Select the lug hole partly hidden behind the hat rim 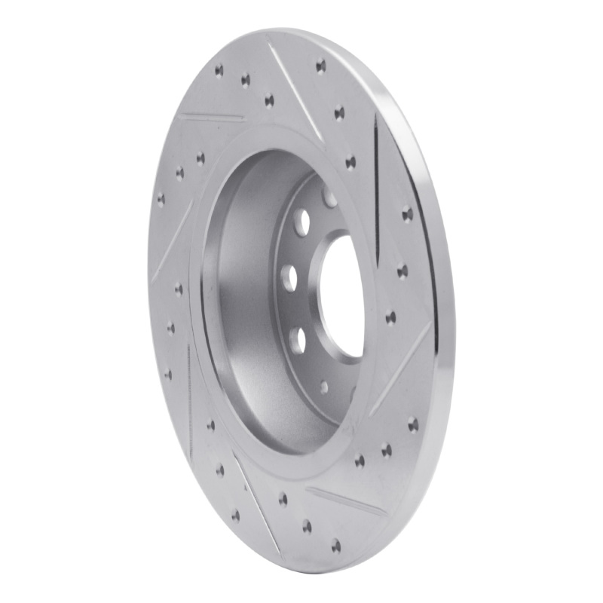(329, 197)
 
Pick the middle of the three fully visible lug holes (288, 276)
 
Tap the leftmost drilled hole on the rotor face (161, 199)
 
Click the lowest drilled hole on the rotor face (335, 544)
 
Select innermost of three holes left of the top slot (269, 99)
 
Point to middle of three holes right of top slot (339, 113)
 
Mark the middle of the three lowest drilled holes (308, 525)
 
